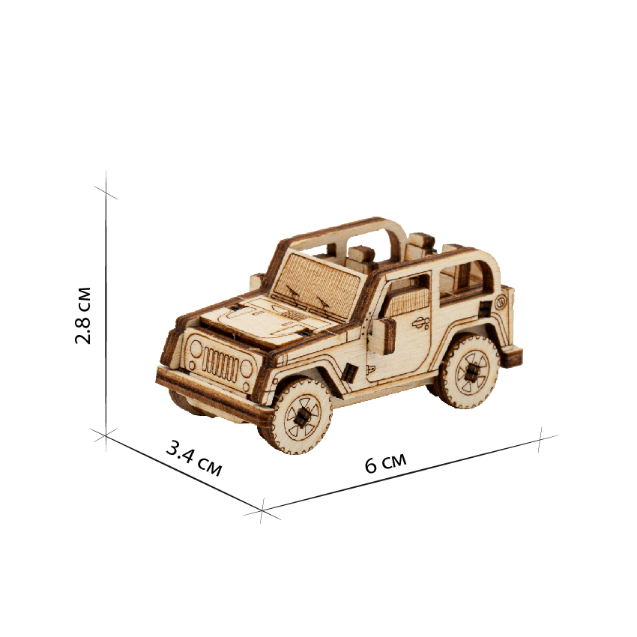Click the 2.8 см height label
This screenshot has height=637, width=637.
point(83,316)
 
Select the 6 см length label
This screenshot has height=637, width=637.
point(385,463)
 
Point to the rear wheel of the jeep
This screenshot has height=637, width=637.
point(469,371)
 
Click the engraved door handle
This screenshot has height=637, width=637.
point(421,323)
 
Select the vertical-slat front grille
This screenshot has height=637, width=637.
point(220,363)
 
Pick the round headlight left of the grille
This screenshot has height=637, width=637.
point(196,348)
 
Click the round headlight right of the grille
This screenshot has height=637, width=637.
point(247,368)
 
